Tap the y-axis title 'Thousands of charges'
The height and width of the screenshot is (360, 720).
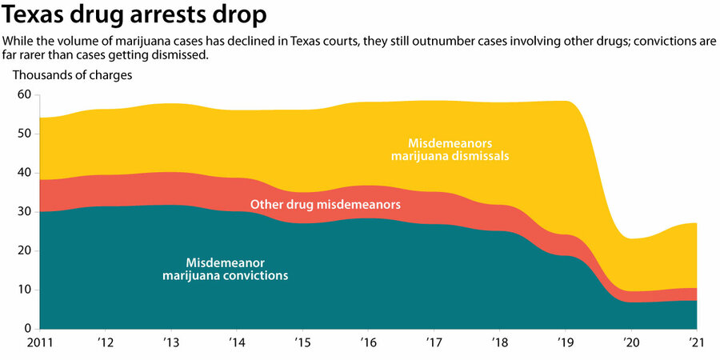tap(72, 75)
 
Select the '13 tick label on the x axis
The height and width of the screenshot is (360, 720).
tap(170, 344)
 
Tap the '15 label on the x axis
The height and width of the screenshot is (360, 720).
tap(302, 344)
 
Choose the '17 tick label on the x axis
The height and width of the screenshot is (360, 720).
tap(433, 344)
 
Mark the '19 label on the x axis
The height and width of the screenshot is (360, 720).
tap(564, 344)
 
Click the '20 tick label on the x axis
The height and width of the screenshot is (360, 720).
tap(630, 344)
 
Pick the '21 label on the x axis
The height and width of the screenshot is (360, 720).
tap(696, 344)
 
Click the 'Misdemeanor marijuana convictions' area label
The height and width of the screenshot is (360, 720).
tap(226, 269)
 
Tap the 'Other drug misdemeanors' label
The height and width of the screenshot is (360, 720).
tap(326, 205)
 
